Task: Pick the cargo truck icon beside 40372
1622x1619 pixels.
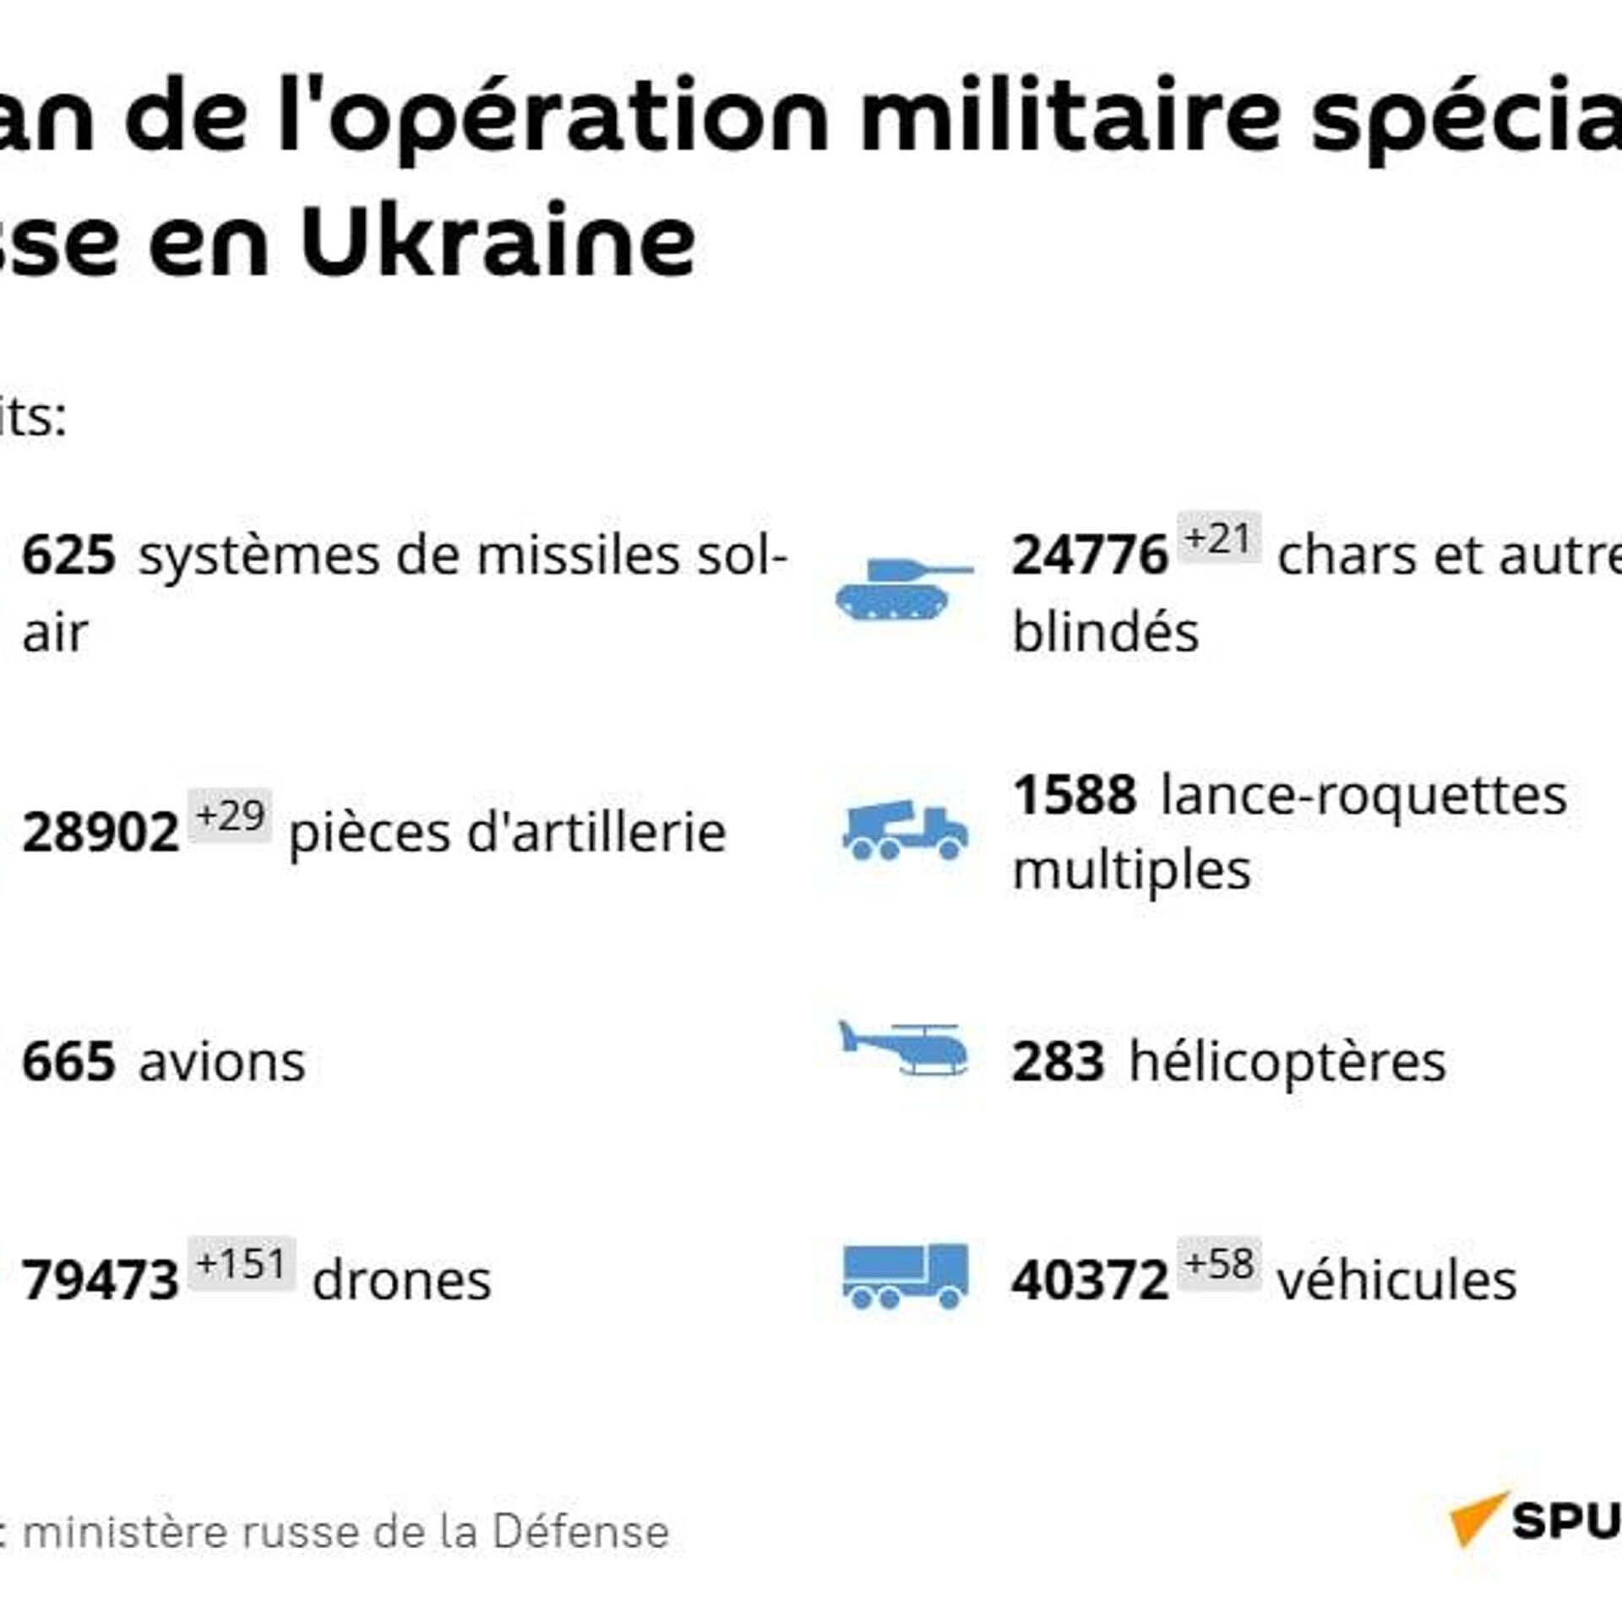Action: click(x=905, y=1276)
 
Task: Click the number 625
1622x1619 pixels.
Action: click(x=68, y=557)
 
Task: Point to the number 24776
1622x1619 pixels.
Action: click(x=1090, y=557)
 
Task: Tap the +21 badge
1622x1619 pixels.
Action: click(x=1218, y=537)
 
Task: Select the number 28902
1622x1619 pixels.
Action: click(x=101, y=833)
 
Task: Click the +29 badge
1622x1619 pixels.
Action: click(x=230, y=815)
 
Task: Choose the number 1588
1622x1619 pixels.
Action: click(x=1075, y=796)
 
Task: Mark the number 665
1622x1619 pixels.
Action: click(x=68, y=1062)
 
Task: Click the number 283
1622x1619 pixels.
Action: click(x=1058, y=1062)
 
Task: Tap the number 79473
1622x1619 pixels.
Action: click(x=101, y=1280)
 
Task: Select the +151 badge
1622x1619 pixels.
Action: click(x=242, y=1263)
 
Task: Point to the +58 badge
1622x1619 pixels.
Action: click(x=1219, y=1263)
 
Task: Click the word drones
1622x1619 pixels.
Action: click(x=401, y=1280)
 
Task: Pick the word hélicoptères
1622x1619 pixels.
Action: click(x=1287, y=1062)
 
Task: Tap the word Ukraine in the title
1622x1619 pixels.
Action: click(x=498, y=241)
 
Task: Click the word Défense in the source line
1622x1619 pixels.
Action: click(x=580, y=1532)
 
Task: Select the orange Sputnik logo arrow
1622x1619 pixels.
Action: click(x=1476, y=1518)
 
